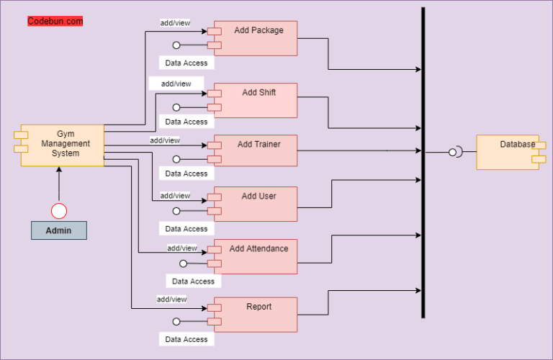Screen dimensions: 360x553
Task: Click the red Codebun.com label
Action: point(55,22)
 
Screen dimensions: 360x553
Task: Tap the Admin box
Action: point(58,230)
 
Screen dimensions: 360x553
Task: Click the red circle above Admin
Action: point(58,210)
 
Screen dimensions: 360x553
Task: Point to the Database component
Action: point(508,152)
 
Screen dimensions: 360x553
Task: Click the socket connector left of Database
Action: point(454,152)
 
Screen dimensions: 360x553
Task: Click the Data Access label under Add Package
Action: point(186,63)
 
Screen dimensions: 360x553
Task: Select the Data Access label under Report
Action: point(186,339)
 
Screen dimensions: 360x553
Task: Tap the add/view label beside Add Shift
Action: point(176,84)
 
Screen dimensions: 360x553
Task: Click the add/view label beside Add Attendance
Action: point(182,248)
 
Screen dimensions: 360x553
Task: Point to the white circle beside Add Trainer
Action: point(176,159)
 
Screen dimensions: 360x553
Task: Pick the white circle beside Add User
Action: point(176,212)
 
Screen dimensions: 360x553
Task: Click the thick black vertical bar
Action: point(423,162)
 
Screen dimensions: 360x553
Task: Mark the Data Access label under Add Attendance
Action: point(193,282)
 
